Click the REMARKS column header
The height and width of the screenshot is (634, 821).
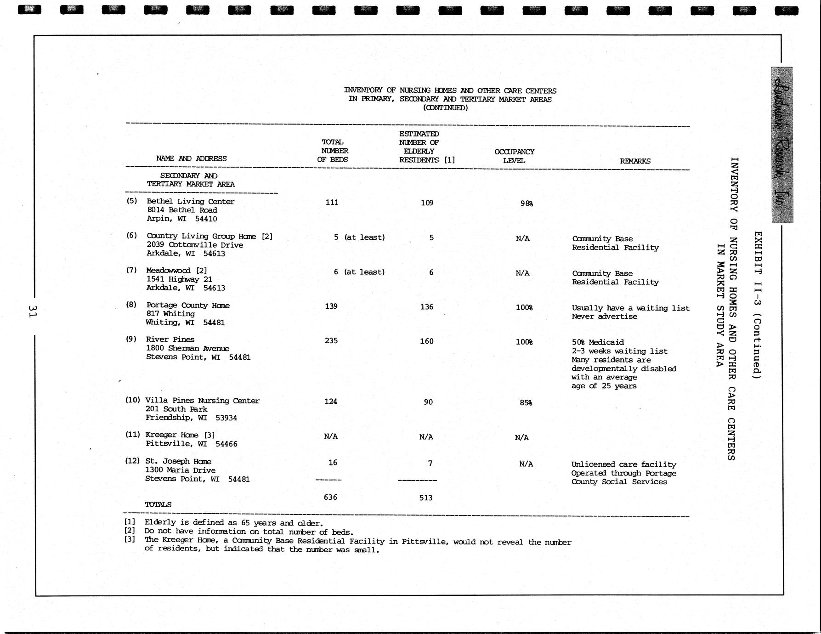tap(635, 161)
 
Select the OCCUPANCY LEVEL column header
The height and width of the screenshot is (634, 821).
tap(514, 156)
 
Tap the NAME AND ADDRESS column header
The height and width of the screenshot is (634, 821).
tap(191, 158)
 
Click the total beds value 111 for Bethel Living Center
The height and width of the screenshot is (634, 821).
tap(332, 202)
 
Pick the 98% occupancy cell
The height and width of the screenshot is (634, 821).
tap(527, 204)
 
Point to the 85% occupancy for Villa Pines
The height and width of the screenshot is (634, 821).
tap(526, 403)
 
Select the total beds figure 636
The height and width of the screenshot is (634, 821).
tap(330, 497)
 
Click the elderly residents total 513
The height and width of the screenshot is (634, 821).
tap(426, 498)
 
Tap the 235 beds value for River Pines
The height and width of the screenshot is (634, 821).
tap(331, 341)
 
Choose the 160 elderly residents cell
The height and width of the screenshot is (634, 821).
tap(427, 341)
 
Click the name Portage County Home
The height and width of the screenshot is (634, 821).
tap(187, 306)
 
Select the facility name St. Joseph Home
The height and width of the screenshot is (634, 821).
tap(178, 461)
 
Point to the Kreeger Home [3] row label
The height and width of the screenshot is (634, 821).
tap(180, 435)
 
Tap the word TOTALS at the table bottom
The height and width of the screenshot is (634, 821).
tap(158, 504)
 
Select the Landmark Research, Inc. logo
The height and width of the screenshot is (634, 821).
tap(781, 145)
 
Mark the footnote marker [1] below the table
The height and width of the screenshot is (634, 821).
tap(130, 522)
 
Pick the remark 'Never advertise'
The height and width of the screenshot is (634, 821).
tap(604, 317)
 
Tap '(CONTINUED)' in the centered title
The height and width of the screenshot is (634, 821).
tap(445, 108)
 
